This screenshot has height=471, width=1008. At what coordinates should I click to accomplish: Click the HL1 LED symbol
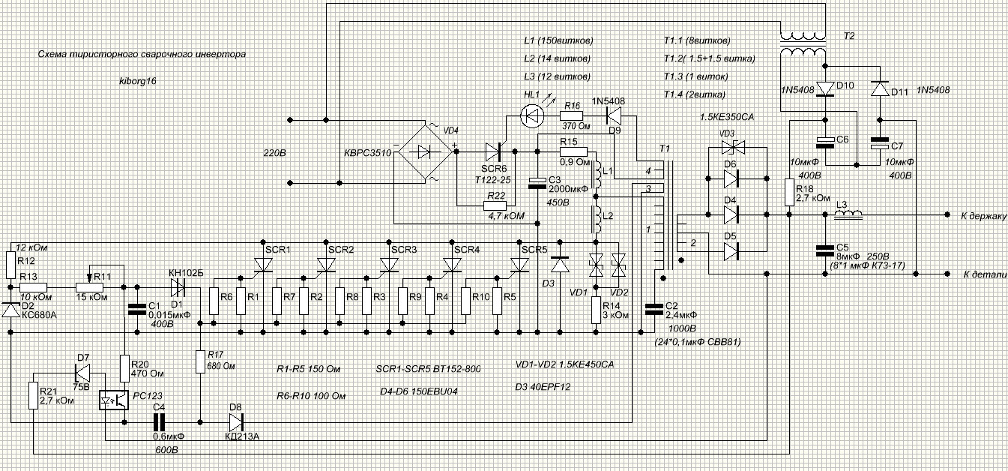(x=531, y=116)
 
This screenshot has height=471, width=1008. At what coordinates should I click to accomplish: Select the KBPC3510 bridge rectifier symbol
(x=425, y=152)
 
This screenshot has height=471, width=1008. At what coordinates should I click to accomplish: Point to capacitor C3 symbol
(x=537, y=183)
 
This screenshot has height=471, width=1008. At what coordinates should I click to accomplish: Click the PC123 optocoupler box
(x=114, y=400)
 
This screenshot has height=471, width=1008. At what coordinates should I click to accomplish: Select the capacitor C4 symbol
(x=160, y=422)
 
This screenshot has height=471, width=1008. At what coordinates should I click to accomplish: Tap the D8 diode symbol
(x=236, y=422)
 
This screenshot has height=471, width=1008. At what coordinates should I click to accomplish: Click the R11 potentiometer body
(x=89, y=287)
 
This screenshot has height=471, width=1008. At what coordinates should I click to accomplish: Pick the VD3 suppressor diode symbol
(x=733, y=147)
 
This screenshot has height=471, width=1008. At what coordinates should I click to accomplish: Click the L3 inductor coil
(x=848, y=214)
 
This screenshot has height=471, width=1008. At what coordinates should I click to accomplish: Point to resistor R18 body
(x=789, y=192)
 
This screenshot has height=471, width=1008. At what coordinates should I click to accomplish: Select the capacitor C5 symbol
(x=825, y=250)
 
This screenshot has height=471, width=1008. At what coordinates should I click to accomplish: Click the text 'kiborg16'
(x=138, y=81)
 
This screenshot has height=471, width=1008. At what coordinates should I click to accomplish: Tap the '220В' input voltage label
(x=274, y=153)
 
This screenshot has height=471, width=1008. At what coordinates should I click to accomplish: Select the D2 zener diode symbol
(x=10, y=309)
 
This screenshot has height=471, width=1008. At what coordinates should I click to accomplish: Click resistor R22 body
(x=495, y=205)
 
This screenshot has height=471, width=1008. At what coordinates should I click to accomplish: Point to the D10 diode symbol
(x=825, y=88)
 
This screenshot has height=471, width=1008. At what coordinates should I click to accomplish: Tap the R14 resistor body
(x=596, y=310)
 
